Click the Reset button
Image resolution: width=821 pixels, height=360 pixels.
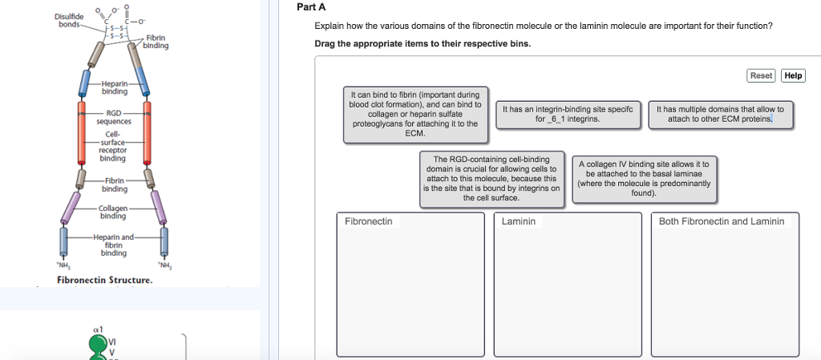[x=761, y=75]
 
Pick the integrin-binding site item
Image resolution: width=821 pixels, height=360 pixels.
[x=567, y=114]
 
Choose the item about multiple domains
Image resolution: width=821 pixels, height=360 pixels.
[x=720, y=114]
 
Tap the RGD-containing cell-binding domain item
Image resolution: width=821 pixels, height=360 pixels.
[x=491, y=178]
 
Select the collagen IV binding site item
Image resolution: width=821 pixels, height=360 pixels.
[x=644, y=178]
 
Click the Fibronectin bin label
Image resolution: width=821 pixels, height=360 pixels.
[x=368, y=221]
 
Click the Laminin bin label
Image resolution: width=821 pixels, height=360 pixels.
[x=519, y=221]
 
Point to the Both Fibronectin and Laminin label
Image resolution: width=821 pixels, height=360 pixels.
[x=721, y=221]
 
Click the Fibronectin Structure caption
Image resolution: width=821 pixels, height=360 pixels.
[x=104, y=280]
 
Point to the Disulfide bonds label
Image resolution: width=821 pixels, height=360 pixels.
[x=68, y=19]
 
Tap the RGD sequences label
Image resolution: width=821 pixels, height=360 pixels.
[x=113, y=117]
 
